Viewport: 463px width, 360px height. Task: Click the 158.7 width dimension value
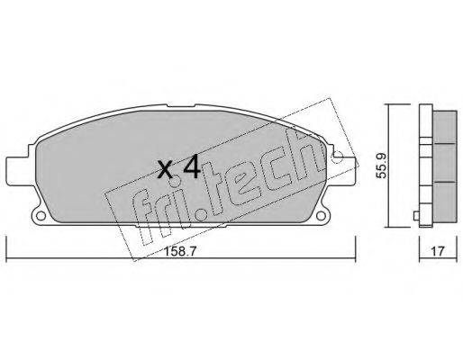coord(179,251)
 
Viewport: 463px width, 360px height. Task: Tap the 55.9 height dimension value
coord(382,166)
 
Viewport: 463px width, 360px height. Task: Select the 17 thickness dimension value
coord(437,251)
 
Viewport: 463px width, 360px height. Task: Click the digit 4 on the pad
coord(192,166)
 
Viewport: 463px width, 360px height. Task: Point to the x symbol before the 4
coord(165,169)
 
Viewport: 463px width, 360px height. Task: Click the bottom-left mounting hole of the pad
coord(41,215)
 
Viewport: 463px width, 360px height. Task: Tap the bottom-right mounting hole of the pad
coord(321,215)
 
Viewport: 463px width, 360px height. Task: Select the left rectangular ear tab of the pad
coord(19,172)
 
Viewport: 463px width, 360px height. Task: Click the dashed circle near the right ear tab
coord(339,157)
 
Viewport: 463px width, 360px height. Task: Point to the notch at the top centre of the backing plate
coord(181,105)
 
